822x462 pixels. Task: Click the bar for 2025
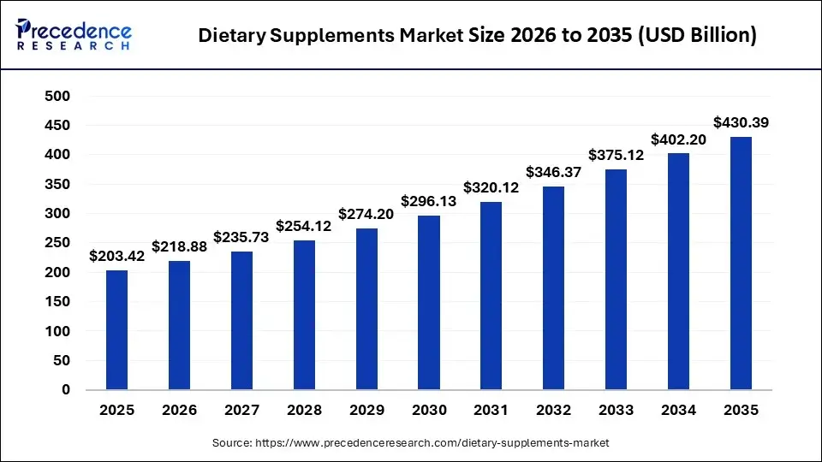116,330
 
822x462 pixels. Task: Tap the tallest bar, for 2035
741,264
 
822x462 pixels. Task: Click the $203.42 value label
117,255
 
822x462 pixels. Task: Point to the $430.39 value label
741,122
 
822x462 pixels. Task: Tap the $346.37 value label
554,172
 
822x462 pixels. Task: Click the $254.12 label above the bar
304,226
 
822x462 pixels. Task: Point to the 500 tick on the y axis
57,97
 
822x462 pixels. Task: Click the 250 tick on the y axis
57,243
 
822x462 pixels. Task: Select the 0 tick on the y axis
66,390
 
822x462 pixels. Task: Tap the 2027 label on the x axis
241,411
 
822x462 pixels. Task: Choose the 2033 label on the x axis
616,411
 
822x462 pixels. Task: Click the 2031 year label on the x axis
491,411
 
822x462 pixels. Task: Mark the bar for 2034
678,271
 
